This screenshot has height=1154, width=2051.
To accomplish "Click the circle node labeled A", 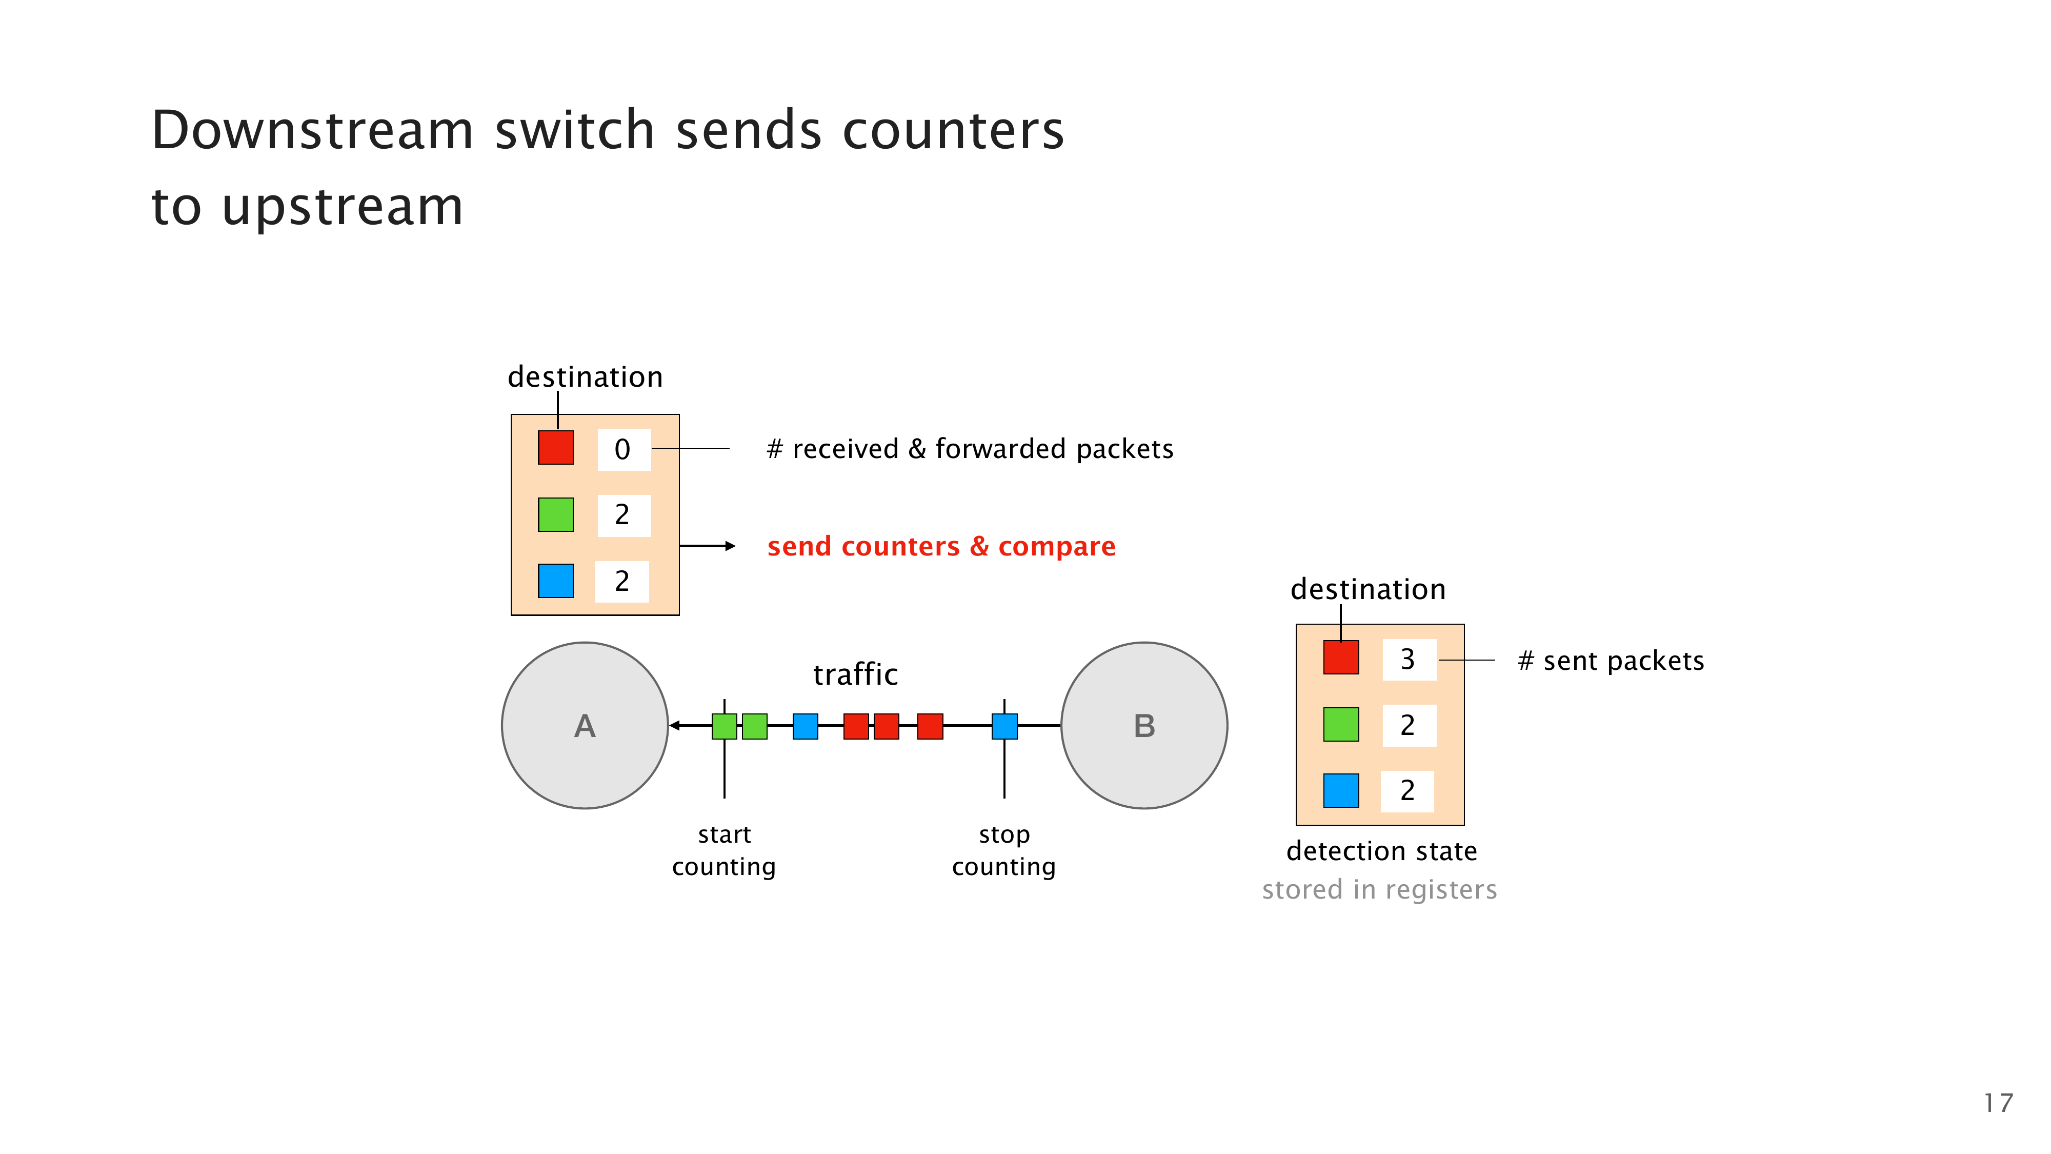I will pyautogui.click(x=585, y=726).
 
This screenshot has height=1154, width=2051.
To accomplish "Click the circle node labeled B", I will pyautogui.click(x=1144, y=726).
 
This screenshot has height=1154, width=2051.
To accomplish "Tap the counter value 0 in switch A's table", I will pyautogui.click(x=622, y=449).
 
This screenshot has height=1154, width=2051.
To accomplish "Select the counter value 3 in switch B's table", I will pyautogui.click(x=1407, y=660).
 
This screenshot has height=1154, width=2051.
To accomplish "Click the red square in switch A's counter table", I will pyautogui.click(x=556, y=448).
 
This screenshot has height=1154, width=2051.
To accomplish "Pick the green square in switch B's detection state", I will pyautogui.click(x=1341, y=725).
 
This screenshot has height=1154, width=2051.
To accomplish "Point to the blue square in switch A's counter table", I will pyautogui.click(x=556, y=581).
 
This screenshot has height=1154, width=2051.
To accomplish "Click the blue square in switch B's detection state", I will pyautogui.click(x=1341, y=791).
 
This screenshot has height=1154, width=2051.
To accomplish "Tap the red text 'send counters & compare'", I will pyautogui.click(x=941, y=546).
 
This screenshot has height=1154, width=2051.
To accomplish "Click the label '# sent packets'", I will pyautogui.click(x=1611, y=661).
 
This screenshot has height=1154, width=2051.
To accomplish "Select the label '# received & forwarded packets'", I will pyautogui.click(x=970, y=449).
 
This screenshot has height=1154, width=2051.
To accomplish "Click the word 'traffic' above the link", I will pyautogui.click(x=855, y=674).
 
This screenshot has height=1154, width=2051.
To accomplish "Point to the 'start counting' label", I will pyautogui.click(x=723, y=850).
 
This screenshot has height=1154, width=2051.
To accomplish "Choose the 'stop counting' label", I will pyautogui.click(x=1004, y=850).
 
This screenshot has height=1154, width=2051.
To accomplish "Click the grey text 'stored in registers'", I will pyautogui.click(x=1379, y=889).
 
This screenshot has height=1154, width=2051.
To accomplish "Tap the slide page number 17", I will pyautogui.click(x=1998, y=1103).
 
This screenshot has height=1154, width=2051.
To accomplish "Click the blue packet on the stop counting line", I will pyautogui.click(x=1004, y=726).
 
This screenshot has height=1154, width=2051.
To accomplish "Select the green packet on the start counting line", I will pyautogui.click(x=723, y=726).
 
